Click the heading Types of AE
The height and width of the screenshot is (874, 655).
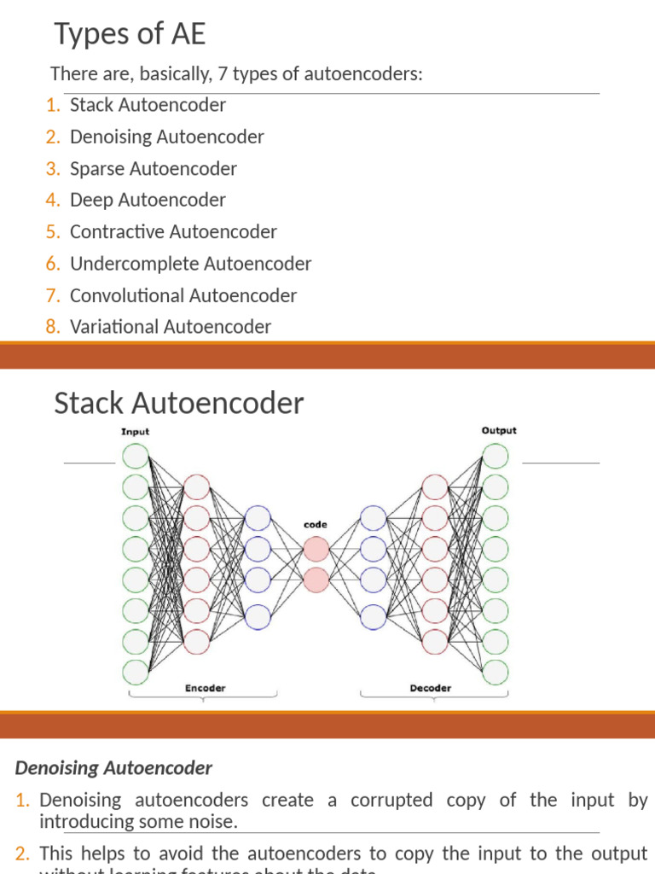point(130,35)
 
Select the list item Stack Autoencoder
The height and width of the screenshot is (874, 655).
point(148,105)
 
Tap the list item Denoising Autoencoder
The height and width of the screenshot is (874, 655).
point(166,137)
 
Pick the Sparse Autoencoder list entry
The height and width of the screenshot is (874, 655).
point(153,168)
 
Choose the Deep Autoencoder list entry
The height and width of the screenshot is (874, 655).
point(148,200)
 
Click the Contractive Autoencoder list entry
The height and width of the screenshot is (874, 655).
point(173,231)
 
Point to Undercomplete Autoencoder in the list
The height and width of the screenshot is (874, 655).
point(190,264)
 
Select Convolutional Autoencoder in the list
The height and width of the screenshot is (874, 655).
point(183,295)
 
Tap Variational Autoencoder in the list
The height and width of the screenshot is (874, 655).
point(170,326)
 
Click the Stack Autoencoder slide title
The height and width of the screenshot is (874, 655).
point(178,403)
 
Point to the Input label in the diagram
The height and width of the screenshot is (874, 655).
point(135,431)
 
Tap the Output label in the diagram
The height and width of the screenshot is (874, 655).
point(499,430)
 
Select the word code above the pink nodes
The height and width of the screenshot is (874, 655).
point(316,525)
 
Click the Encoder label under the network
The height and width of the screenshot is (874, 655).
point(206,688)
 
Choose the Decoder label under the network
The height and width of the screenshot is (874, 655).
point(431,688)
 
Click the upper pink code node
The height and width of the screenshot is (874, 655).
point(316,548)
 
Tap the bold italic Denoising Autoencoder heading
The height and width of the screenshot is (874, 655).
point(113,767)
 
